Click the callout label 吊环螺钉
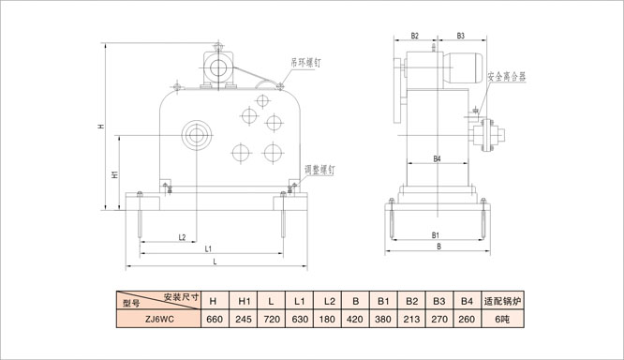click(x=305, y=63)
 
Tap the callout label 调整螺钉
click(x=319, y=170)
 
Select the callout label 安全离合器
click(x=507, y=77)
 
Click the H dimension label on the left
click(x=101, y=127)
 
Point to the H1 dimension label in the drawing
click(x=114, y=174)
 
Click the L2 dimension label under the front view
click(x=182, y=237)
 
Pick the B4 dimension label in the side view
click(x=437, y=158)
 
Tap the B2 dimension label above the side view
click(x=415, y=36)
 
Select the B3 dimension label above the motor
click(x=460, y=36)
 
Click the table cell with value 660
click(x=215, y=319)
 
